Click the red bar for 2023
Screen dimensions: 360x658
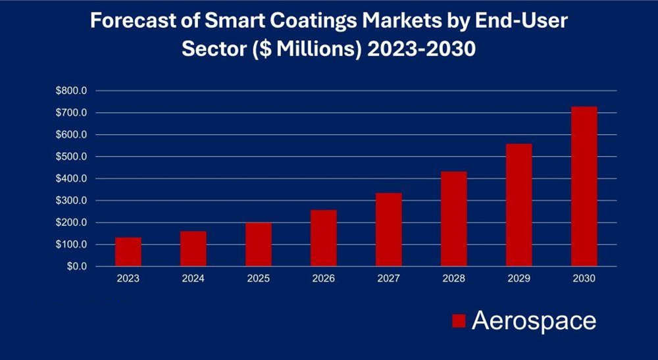(128, 252)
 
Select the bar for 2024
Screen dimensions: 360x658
(193, 249)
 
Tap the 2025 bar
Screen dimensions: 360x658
(259, 244)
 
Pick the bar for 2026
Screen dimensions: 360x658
(324, 238)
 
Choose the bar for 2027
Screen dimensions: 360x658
(389, 230)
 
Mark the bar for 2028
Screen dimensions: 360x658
(454, 219)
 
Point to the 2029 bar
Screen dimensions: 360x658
(519, 205)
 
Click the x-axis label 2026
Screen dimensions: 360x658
(324, 278)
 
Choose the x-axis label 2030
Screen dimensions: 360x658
(584, 278)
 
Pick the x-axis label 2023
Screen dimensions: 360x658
(128, 278)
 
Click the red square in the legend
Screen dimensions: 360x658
(459, 321)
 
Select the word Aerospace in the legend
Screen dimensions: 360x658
(534, 321)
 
